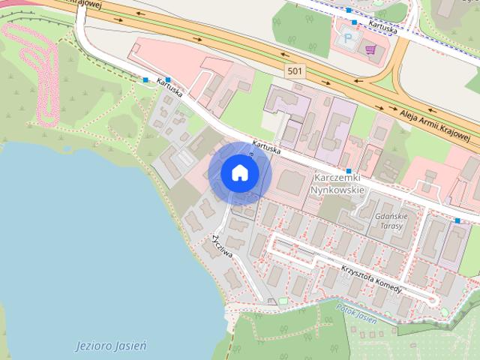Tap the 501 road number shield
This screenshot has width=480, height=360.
coord(295,70)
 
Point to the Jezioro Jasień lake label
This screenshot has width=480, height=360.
coord(112,346)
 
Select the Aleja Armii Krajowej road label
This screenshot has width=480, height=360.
coord(435,124)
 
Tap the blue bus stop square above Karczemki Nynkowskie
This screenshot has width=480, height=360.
coord(349,172)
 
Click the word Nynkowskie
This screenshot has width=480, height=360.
coord(340,190)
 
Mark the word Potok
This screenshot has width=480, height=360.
coord(344,309)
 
